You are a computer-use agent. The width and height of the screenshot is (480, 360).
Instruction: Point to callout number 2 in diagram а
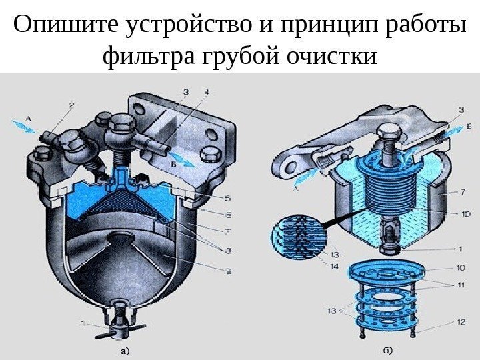tap(72, 104)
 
